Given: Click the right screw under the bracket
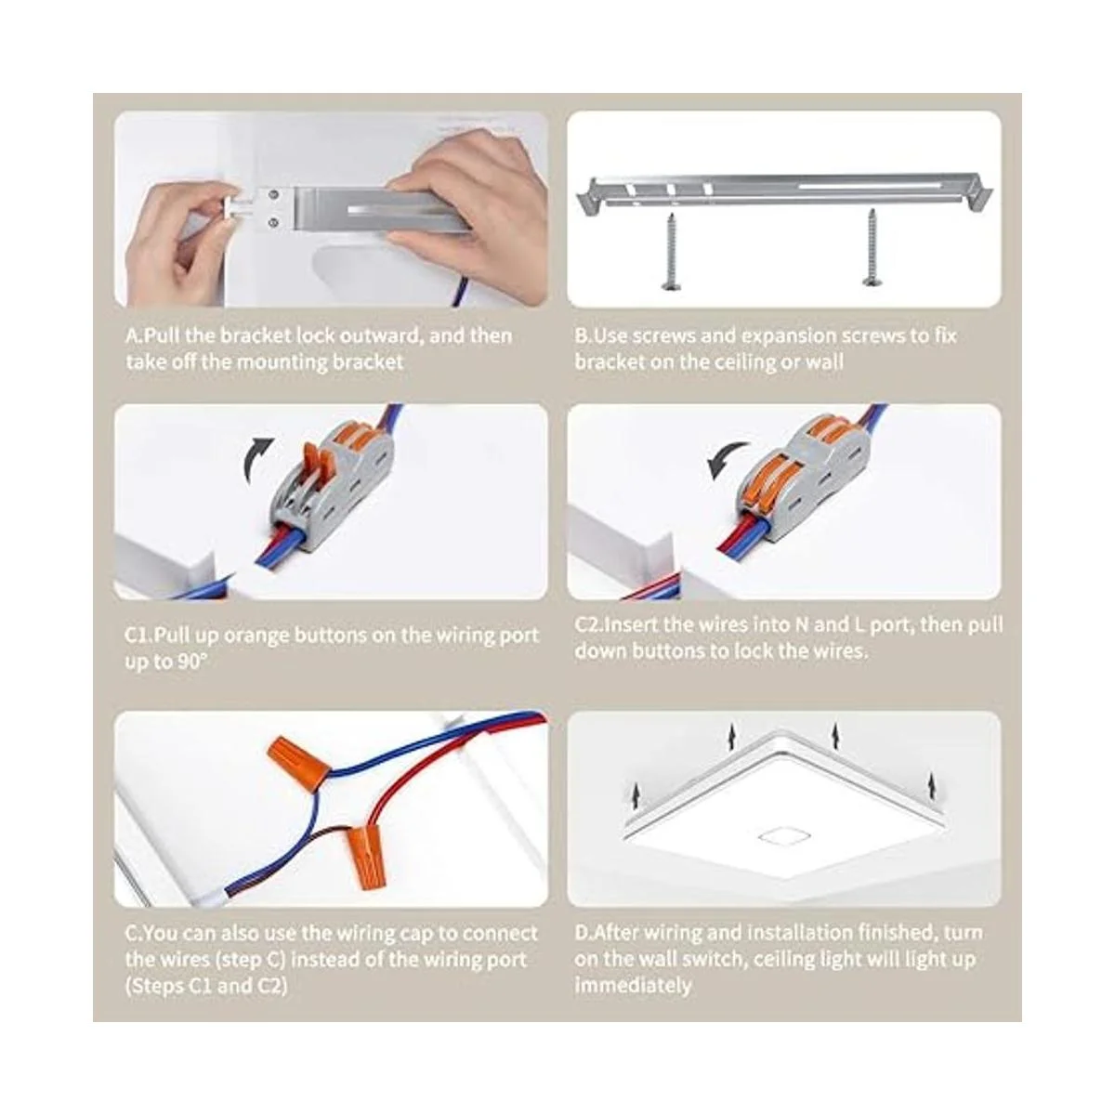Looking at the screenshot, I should tap(872, 246).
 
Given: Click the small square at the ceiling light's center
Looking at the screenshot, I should tap(777, 836).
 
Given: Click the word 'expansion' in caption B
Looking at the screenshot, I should tap(783, 336).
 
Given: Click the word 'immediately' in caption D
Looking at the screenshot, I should tap(632, 985).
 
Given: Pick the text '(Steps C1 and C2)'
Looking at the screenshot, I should tap(206, 985).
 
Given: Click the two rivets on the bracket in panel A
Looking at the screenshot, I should tap(271, 207).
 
